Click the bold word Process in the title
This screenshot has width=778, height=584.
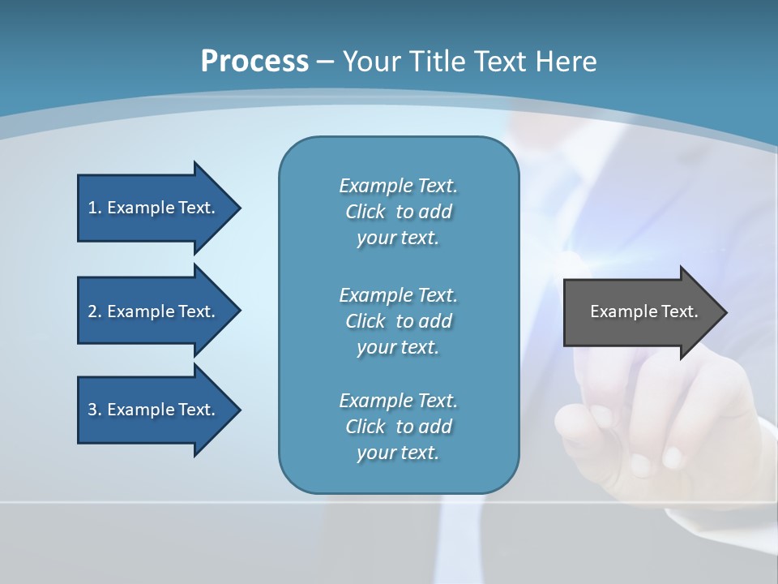pyautogui.click(x=254, y=62)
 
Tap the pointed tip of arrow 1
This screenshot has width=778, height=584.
pyautogui.click(x=239, y=208)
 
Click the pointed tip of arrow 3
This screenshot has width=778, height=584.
pyautogui.click(x=239, y=410)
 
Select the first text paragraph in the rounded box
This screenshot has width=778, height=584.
pyautogui.click(x=398, y=212)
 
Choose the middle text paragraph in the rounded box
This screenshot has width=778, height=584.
pyautogui.click(x=398, y=320)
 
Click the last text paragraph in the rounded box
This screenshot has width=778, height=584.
pyautogui.click(x=398, y=427)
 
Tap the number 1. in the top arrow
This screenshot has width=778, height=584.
pyautogui.click(x=95, y=208)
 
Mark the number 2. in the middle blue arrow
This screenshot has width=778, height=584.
pyautogui.click(x=95, y=311)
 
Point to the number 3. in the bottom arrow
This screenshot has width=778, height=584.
pyautogui.click(x=95, y=410)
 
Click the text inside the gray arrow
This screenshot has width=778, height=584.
pyautogui.click(x=643, y=311)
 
